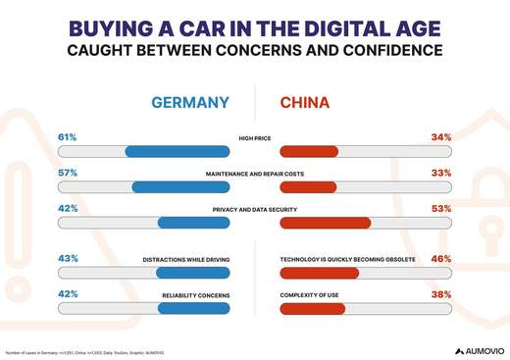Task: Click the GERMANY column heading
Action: pyautogui.click(x=189, y=103)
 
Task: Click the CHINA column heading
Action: pyautogui.click(x=305, y=103)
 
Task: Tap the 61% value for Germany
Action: pyautogui.click(x=68, y=137)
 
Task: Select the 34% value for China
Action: pyautogui.click(x=441, y=137)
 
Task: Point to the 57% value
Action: pyautogui.click(x=68, y=173)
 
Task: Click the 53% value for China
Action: pyautogui.click(x=441, y=208)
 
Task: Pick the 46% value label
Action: pyautogui.click(x=441, y=259)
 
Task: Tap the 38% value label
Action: pyautogui.click(x=441, y=294)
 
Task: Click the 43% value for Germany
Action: pyautogui.click(x=68, y=259)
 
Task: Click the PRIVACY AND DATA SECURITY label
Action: pyautogui.click(x=255, y=210)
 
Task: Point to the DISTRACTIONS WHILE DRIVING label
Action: pyautogui.click(x=186, y=260)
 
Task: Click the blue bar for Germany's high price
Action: pyautogui.click(x=177, y=151)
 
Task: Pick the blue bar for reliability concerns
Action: pyautogui.click(x=193, y=309)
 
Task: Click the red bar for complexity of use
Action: pyautogui.click(x=312, y=309)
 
